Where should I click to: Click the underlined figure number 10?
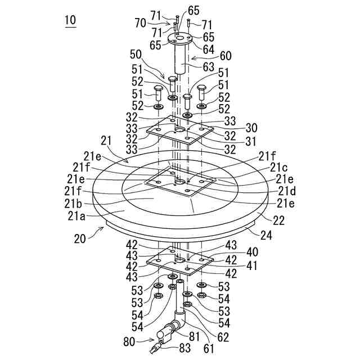click(x=70, y=21)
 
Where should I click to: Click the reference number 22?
click(x=277, y=219)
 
